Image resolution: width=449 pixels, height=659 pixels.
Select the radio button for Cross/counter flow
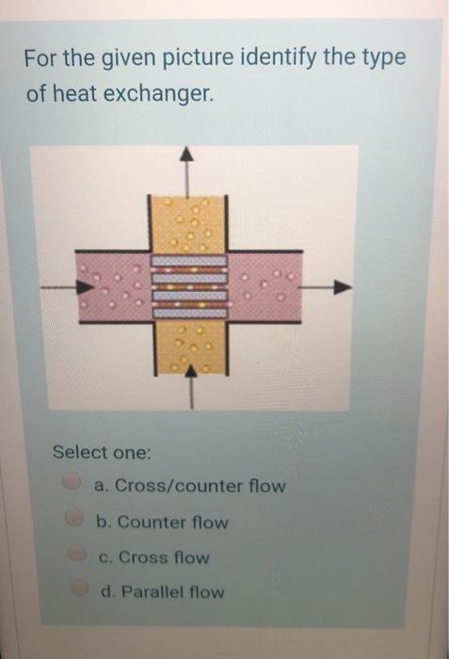[72, 483]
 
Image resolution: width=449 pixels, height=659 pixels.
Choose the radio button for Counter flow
[72, 519]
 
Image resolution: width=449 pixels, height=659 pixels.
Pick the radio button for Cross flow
[72, 555]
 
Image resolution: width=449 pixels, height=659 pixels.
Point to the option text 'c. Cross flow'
[153, 556]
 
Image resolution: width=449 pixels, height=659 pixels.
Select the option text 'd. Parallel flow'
[161, 592]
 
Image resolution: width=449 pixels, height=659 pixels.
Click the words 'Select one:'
[102, 452]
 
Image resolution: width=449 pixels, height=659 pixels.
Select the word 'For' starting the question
[41, 58]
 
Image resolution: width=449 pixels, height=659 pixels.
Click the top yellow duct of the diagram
[188, 222]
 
